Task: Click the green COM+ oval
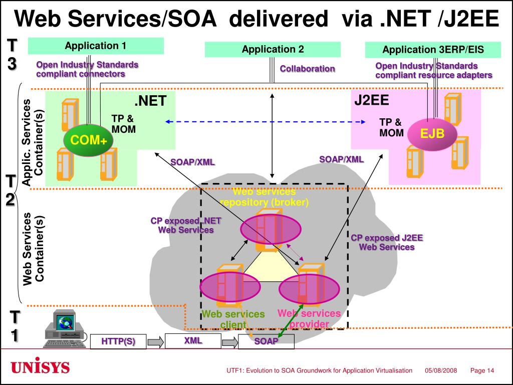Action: point(88,140)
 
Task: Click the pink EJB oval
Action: point(432,133)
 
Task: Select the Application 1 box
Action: point(95,46)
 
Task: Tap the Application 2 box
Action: point(273,49)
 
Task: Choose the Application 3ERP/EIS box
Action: point(433,50)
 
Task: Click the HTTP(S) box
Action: point(118,341)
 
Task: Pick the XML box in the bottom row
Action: point(193,341)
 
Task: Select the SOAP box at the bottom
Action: point(266,341)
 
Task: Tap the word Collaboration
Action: point(307,69)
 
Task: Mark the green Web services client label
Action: point(233,319)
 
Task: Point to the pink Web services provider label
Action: point(309,319)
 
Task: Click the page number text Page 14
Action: point(482,370)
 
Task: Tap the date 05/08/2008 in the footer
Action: point(441,370)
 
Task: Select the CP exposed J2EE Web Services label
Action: point(387,243)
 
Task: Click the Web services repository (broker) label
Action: point(264,198)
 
